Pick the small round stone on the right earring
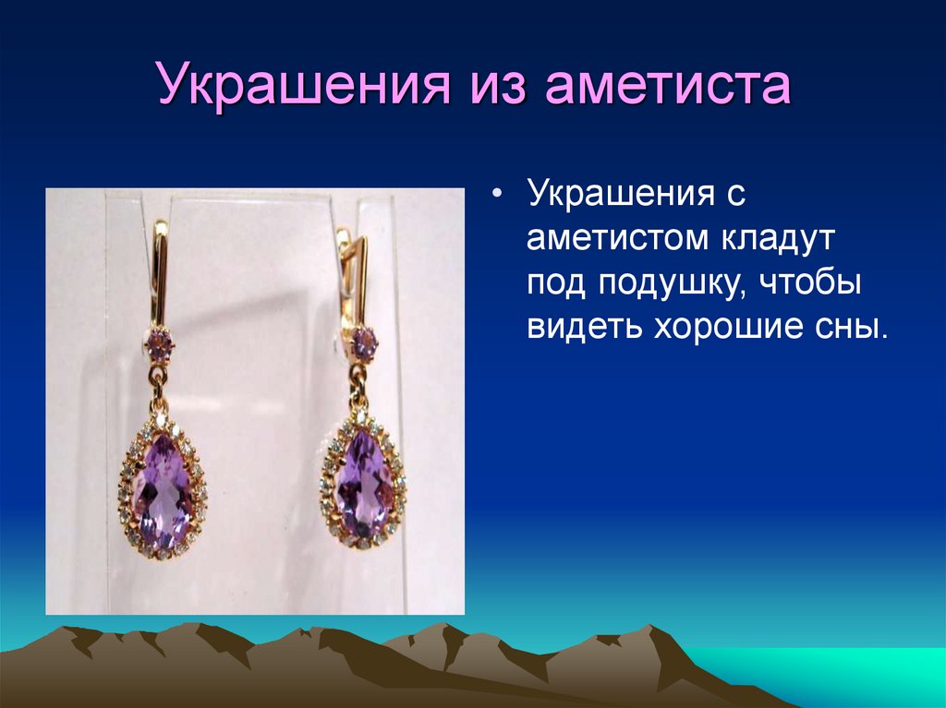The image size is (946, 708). click(x=361, y=343)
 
